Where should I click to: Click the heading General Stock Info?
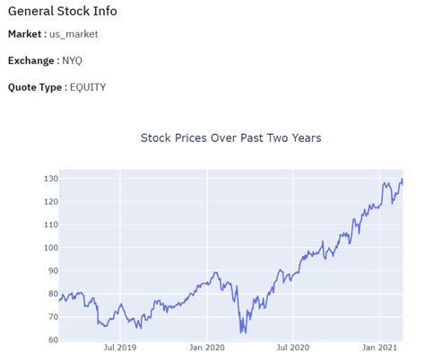(x=62, y=12)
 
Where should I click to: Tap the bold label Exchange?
(x=31, y=61)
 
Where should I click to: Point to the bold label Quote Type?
(x=36, y=87)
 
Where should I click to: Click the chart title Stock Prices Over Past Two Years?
(x=230, y=138)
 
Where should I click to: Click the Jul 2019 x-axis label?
(x=120, y=347)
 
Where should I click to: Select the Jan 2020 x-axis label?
(x=207, y=347)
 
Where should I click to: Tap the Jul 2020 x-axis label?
(x=292, y=347)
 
